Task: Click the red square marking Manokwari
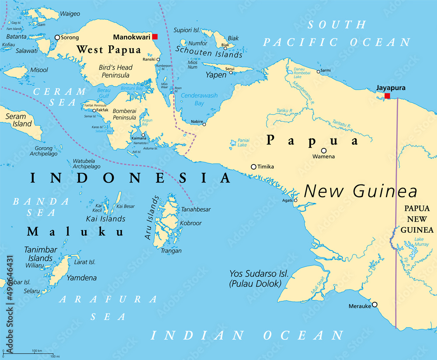[x=155, y=37]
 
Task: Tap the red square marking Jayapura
[x=387, y=96]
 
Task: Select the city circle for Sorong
[x=57, y=38]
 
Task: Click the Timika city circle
[x=253, y=167]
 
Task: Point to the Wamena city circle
[x=324, y=150]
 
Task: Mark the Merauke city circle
[x=375, y=304]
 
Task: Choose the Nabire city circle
[x=204, y=124]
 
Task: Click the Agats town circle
[x=295, y=201]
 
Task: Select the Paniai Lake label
[x=243, y=143]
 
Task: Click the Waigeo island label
[x=70, y=14]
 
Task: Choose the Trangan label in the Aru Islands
[x=171, y=251]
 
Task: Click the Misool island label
[x=39, y=70]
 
